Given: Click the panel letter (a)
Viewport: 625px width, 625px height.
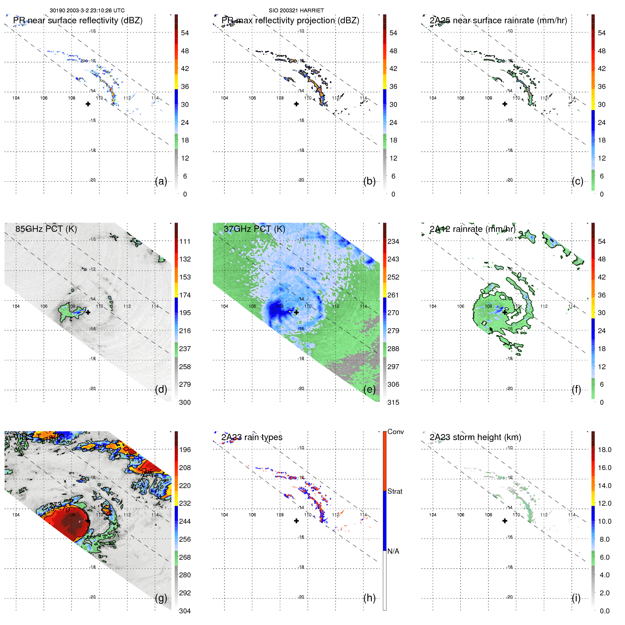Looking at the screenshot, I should pyautogui.click(x=161, y=181).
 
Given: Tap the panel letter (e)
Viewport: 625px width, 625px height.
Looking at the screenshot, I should pyautogui.click(x=369, y=390).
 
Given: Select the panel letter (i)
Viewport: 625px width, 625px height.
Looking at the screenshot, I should pyautogui.click(x=576, y=598).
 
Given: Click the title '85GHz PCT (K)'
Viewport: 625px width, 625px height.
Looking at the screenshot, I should pyautogui.click(x=46, y=229).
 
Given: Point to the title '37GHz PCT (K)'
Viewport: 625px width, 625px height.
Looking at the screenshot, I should pyautogui.click(x=254, y=229).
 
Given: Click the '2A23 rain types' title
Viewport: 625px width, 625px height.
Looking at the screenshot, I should pyautogui.click(x=252, y=437).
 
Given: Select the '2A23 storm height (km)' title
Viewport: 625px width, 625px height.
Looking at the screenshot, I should pyautogui.click(x=475, y=437).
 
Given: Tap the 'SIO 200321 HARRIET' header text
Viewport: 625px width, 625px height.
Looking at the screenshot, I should pyautogui.click(x=296, y=11).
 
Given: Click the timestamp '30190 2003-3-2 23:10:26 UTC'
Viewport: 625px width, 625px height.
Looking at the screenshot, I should pyautogui.click(x=87, y=11).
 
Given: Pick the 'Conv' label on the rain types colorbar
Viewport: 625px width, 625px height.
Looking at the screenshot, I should pyautogui.click(x=396, y=432).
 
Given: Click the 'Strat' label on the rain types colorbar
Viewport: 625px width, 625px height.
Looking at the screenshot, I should pyautogui.click(x=395, y=491).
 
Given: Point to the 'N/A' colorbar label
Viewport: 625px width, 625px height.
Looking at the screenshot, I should pyautogui.click(x=393, y=551).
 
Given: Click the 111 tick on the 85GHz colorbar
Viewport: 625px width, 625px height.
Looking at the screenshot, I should pyautogui.click(x=185, y=241).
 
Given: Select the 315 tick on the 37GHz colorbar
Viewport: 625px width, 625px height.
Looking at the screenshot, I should pyautogui.click(x=393, y=402).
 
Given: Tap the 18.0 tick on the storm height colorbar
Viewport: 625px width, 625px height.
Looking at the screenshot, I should pyautogui.click(x=605, y=450).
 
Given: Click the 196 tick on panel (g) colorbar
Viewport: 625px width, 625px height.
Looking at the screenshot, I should pyautogui.click(x=185, y=450).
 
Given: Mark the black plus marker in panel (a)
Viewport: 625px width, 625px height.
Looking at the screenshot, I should pyautogui.click(x=88, y=104).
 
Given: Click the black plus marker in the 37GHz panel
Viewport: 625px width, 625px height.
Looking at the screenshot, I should pyautogui.click(x=296, y=312).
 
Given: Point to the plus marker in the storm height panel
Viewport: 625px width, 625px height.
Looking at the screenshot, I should pyautogui.click(x=505, y=521).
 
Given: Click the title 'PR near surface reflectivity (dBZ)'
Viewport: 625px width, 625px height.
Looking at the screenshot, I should pyautogui.click(x=78, y=20).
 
